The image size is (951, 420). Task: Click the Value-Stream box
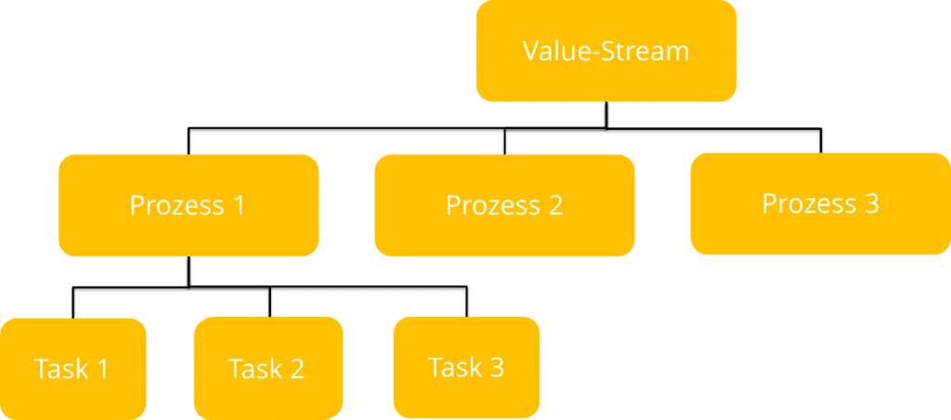pyautogui.click(x=606, y=51)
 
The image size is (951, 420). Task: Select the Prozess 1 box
pyautogui.click(x=189, y=204)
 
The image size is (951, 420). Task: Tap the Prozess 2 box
pyautogui.click(x=504, y=204)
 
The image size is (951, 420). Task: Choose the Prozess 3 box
pyautogui.click(x=820, y=203)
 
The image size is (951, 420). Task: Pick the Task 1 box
pyautogui.click(x=72, y=368)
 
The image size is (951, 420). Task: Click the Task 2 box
pyautogui.click(x=267, y=368)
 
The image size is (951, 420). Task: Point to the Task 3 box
pyautogui.click(x=466, y=367)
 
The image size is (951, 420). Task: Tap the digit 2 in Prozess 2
pyautogui.click(x=554, y=204)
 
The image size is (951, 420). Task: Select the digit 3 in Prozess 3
pyautogui.click(x=870, y=203)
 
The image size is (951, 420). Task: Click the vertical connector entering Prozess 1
pyautogui.click(x=189, y=141)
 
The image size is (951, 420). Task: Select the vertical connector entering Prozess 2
pyautogui.click(x=504, y=141)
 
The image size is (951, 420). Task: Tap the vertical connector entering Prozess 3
pyautogui.click(x=820, y=141)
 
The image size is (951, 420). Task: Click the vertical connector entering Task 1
pyautogui.click(x=72, y=304)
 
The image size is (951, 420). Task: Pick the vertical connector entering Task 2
pyautogui.click(x=269, y=304)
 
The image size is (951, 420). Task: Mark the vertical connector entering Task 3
pyautogui.click(x=466, y=304)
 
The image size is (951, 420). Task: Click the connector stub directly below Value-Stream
pyautogui.click(x=606, y=114)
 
